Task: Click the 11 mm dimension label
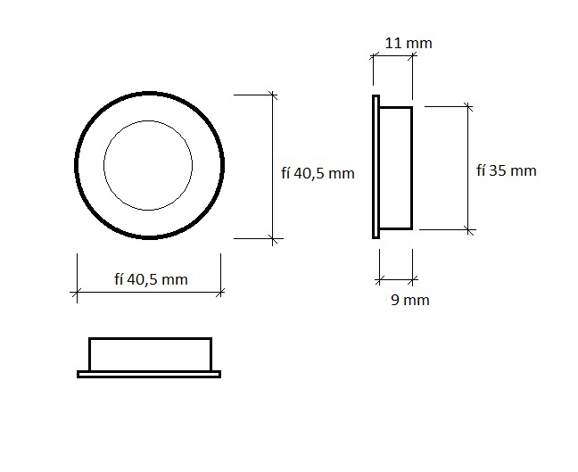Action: [x=409, y=43]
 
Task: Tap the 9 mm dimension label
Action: [x=410, y=300]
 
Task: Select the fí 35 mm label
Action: [x=506, y=170]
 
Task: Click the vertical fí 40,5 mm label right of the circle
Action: [x=318, y=173]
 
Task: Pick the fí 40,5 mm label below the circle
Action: [x=151, y=279]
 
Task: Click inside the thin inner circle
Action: [x=148, y=165]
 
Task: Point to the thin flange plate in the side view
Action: [x=376, y=167]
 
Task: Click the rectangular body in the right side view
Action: [x=396, y=168]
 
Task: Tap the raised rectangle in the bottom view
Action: [x=151, y=354]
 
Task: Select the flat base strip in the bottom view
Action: [x=149, y=374]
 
